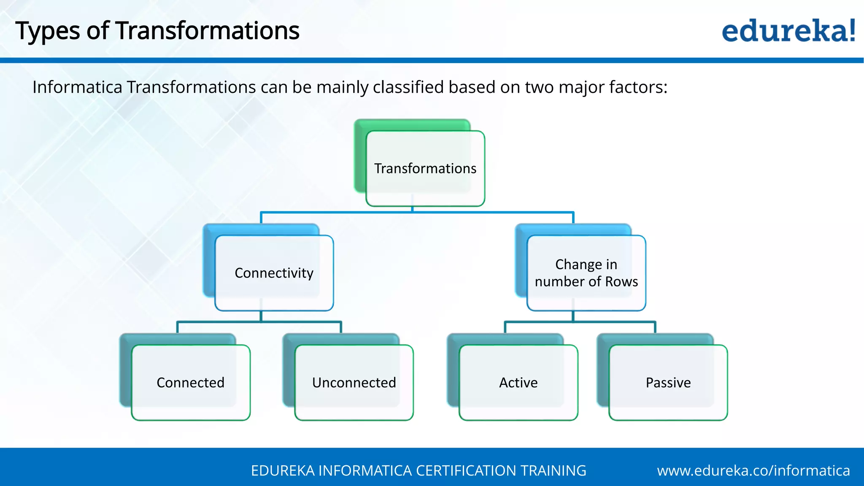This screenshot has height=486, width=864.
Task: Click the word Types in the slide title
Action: pyautogui.click(x=47, y=32)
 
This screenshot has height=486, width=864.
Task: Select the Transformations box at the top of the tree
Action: pyautogui.click(x=425, y=168)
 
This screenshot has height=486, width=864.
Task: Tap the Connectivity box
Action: pyautogui.click(x=274, y=273)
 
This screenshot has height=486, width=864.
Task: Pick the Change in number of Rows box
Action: pyautogui.click(x=586, y=273)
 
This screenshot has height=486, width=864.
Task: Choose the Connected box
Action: pyautogui.click(x=191, y=382)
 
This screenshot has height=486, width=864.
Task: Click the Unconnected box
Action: pyautogui.click(x=354, y=382)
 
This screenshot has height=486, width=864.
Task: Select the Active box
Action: pyautogui.click(x=518, y=382)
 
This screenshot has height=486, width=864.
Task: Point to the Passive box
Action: pyautogui.click(x=668, y=382)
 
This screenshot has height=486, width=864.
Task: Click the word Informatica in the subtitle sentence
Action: pyautogui.click(x=77, y=87)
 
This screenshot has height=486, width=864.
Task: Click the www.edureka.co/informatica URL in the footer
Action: pyautogui.click(x=753, y=470)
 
